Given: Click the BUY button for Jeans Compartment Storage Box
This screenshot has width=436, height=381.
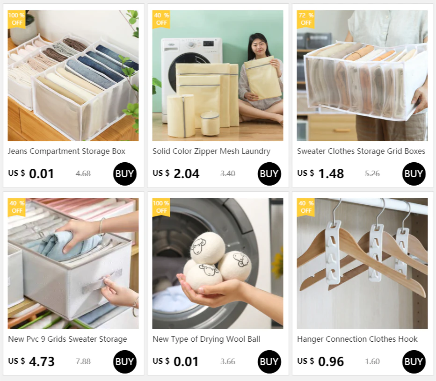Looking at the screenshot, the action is (x=124, y=174).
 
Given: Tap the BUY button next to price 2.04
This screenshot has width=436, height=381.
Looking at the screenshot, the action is (x=269, y=174).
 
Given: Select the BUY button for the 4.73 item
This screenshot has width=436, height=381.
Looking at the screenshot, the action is (x=124, y=361).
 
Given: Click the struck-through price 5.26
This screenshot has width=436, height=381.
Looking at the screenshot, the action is (x=372, y=174).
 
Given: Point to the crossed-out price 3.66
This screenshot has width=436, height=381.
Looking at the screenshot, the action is (x=227, y=361).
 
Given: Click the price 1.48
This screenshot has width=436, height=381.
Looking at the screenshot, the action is (x=331, y=174).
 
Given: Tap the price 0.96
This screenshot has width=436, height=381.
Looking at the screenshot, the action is (x=331, y=361).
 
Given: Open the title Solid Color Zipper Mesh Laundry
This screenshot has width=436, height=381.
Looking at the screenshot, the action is (x=211, y=151).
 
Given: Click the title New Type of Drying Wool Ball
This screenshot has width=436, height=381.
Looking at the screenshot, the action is (x=206, y=339).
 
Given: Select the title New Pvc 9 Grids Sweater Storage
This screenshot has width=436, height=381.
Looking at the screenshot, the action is (x=67, y=339).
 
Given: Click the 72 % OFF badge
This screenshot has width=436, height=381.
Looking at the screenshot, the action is (x=305, y=19).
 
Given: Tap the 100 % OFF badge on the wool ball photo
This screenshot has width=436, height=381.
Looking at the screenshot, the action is (x=161, y=207).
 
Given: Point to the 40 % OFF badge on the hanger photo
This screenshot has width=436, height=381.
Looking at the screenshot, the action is (x=305, y=207).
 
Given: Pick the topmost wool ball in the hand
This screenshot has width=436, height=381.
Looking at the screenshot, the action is (x=207, y=248).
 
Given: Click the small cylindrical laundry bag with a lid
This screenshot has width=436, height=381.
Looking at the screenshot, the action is (x=210, y=123).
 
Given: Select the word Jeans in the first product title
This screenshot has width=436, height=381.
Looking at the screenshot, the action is (x=18, y=151).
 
